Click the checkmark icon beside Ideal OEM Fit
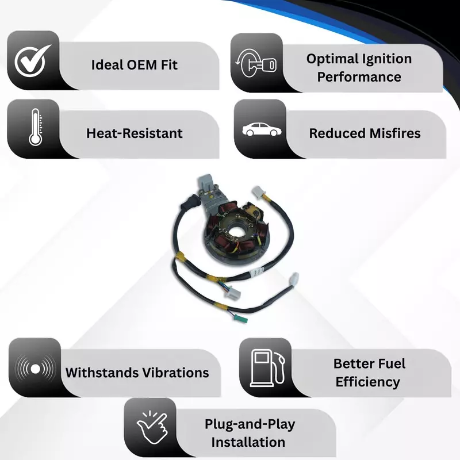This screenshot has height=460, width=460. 32,61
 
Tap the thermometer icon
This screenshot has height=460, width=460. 36,127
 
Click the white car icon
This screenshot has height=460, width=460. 262,130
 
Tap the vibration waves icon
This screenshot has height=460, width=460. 35,369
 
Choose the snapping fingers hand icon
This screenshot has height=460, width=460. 152,427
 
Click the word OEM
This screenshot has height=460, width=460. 142,65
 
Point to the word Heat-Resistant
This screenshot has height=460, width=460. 135,133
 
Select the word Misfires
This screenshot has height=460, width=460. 395,133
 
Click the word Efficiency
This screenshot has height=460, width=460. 368,382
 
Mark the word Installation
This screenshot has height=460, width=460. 248,442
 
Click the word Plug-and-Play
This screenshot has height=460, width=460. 250,424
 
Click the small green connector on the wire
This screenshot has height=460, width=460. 241,318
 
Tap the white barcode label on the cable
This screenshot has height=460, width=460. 257,273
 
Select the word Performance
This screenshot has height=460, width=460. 359,77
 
